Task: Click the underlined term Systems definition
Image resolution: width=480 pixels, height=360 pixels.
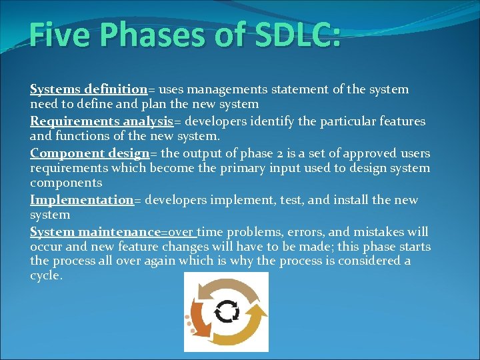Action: pyautogui.click(x=88, y=89)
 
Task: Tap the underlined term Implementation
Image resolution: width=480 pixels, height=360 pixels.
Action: pyautogui.click(x=82, y=200)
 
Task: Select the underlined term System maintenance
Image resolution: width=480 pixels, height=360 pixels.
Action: pyautogui.click(x=95, y=232)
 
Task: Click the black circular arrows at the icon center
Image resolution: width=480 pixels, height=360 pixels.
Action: pyautogui.click(x=227, y=311)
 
